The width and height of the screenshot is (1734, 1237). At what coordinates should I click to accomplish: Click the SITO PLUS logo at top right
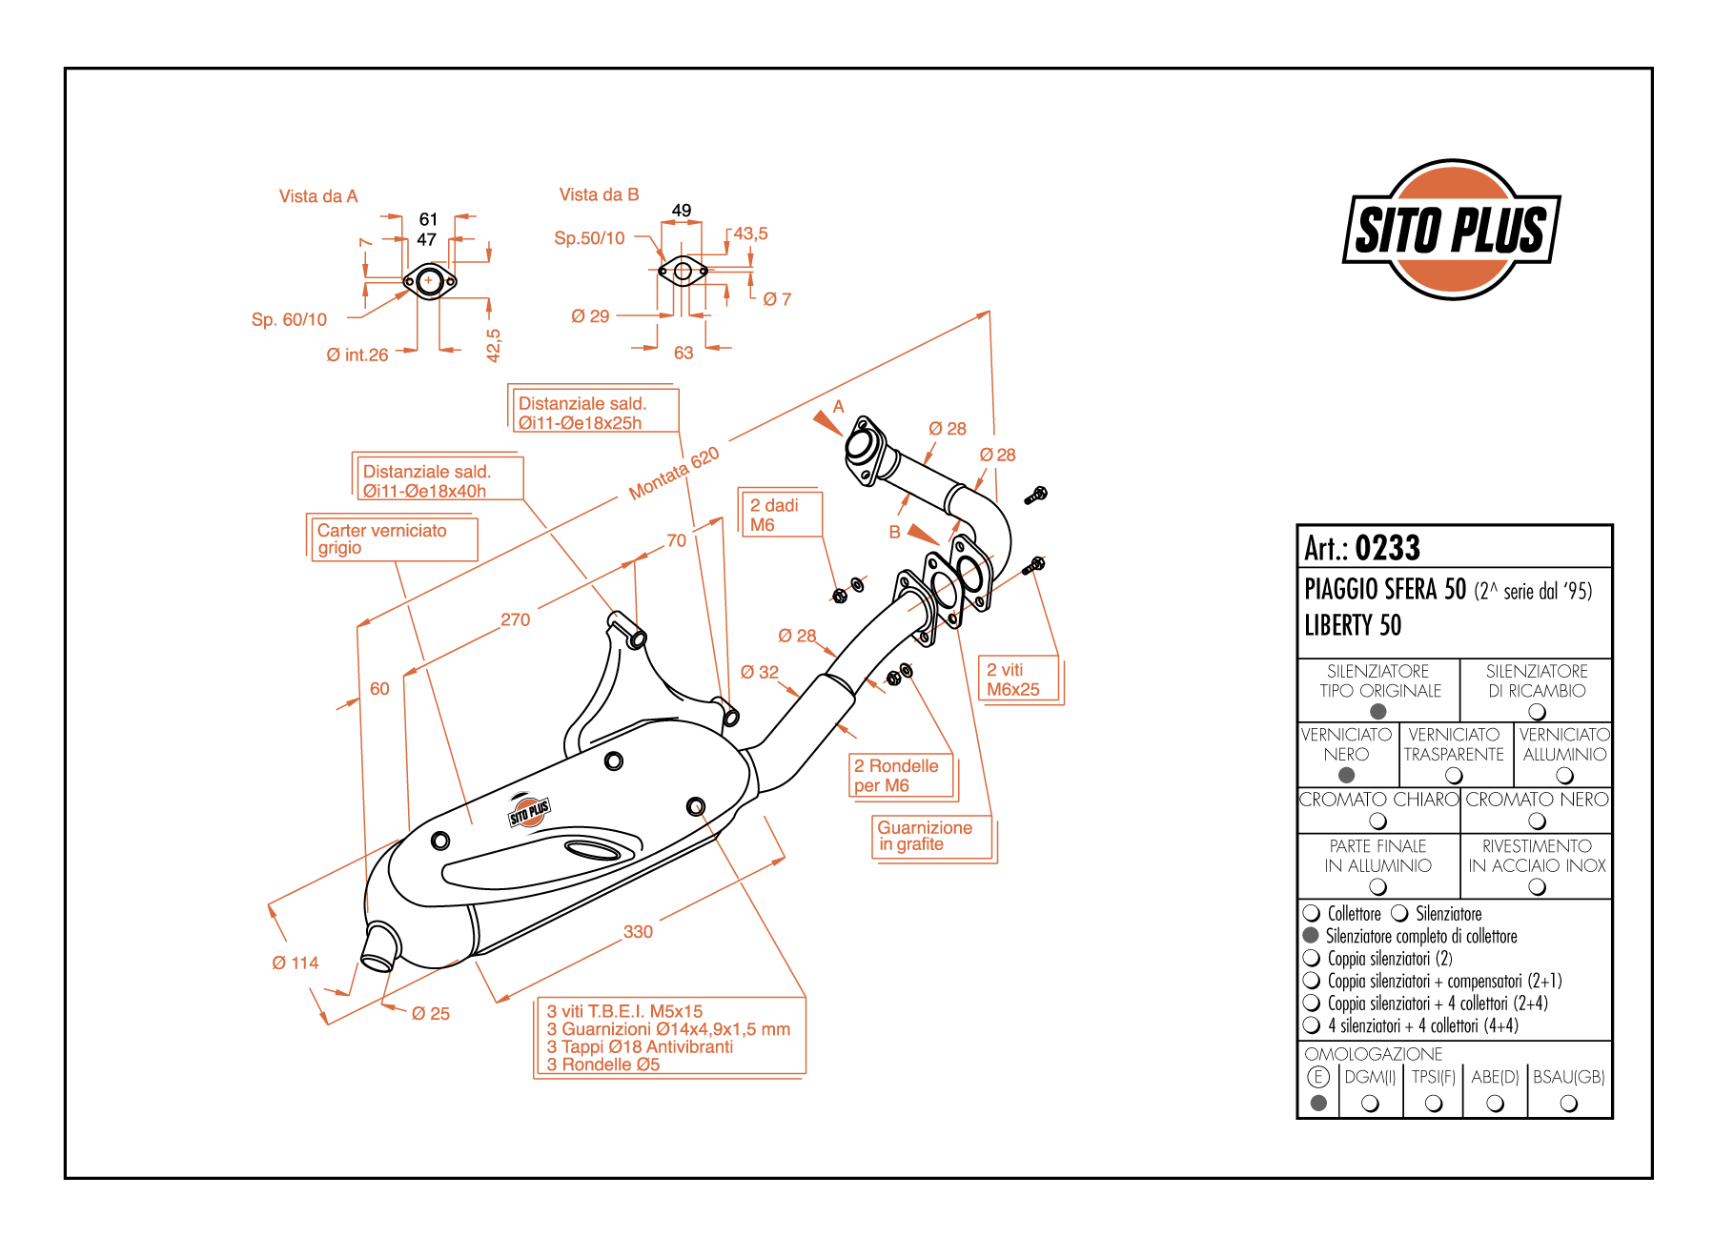click(x=1451, y=230)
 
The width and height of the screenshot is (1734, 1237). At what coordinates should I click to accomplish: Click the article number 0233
click(x=1387, y=548)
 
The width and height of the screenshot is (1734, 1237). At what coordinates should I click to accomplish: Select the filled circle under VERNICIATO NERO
click(x=1346, y=775)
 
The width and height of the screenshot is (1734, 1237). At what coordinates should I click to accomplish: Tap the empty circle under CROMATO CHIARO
click(x=1377, y=821)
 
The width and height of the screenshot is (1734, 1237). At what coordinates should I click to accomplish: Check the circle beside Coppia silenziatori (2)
click(x=1312, y=958)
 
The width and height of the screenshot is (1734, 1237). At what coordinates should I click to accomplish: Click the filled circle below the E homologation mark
click(x=1318, y=1103)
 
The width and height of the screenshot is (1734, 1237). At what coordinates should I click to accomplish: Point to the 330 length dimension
click(x=638, y=932)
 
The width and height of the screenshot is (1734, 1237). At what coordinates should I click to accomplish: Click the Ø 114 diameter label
click(x=296, y=963)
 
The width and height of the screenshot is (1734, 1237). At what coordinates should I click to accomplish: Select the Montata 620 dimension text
click(x=674, y=474)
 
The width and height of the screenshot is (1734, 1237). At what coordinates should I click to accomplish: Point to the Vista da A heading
click(x=318, y=196)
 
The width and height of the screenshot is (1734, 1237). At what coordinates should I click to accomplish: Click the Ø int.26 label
click(x=357, y=355)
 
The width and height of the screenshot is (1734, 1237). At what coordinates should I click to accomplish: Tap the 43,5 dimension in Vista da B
click(x=750, y=233)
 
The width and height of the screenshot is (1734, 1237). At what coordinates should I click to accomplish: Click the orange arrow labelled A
click(x=827, y=421)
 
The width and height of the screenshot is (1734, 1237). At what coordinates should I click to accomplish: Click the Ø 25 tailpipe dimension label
click(x=431, y=1013)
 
